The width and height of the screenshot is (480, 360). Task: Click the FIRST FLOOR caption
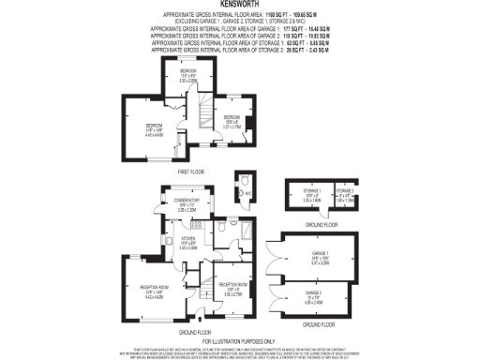click(190, 172)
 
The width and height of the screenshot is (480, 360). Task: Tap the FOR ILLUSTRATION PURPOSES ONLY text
click(239, 340)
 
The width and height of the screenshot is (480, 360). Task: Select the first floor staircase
click(200, 116)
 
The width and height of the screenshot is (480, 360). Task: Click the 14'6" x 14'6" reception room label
click(152, 291)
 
